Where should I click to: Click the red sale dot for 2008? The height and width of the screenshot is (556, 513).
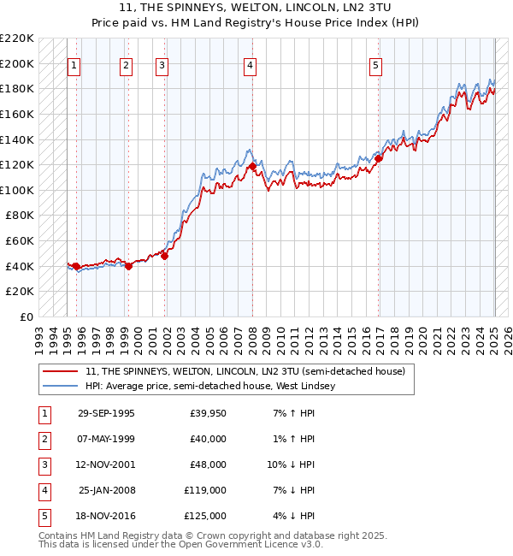(x=253, y=167)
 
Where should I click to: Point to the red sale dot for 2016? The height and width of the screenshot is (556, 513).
(x=379, y=158)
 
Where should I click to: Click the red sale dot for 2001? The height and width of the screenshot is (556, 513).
(x=165, y=256)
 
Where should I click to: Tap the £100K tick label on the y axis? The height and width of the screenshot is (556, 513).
(x=17, y=190)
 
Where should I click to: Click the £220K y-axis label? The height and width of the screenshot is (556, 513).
(x=17, y=38)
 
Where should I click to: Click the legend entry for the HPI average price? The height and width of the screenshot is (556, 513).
(x=209, y=386)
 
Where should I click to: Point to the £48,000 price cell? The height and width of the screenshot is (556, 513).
(x=208, y=465)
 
